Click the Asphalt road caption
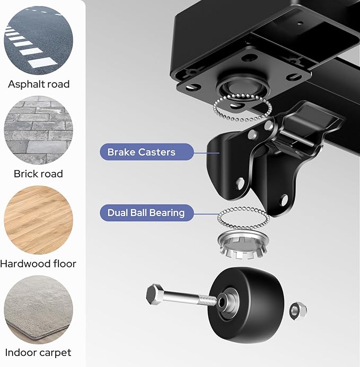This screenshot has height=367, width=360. coord(39,84)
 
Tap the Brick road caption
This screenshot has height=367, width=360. coord(38,174)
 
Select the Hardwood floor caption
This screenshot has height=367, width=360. coord(38,264)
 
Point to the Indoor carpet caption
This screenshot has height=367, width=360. coord(38,353)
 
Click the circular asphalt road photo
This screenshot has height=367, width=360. coord(38,40)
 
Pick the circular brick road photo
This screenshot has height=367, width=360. coord(38,130)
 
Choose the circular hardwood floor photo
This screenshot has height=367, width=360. coord(38,220)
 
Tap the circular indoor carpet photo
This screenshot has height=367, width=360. coord(38,310)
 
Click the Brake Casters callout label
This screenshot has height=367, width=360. coord(147,152)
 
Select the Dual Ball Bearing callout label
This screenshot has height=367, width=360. coord(147,213)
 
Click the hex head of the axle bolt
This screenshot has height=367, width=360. coord(154,294)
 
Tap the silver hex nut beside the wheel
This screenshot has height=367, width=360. coord(298,310)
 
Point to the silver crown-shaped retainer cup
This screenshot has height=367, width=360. coord(243,244)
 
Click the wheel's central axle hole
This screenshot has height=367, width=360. coord(222,303)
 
